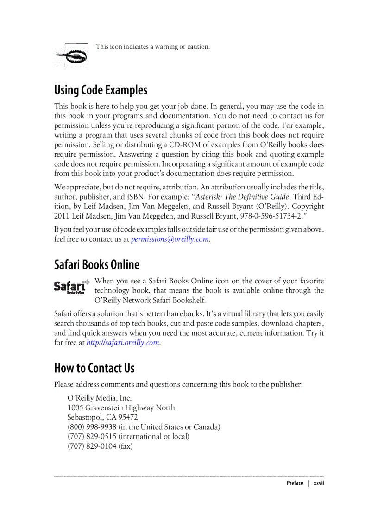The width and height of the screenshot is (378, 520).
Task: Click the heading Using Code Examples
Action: (101, 90)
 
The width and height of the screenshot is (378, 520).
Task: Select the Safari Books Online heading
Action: (96, 264)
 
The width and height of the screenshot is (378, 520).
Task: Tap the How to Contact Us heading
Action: (94, 368)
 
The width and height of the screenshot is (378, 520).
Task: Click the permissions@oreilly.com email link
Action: (170, 239)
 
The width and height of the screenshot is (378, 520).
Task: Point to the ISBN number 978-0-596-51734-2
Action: (272, 216)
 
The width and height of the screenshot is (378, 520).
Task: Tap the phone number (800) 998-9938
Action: (92, 427)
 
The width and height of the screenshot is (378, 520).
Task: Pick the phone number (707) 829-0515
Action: (92, 437)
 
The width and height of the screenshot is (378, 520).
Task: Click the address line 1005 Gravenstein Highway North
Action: (121, 408)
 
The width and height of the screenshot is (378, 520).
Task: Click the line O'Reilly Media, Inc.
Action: (100, 398)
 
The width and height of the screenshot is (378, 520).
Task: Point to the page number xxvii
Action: (318, 483)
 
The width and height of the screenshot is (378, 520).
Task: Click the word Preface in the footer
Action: (295, 483)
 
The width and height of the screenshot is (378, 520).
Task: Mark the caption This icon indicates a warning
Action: (152, 47)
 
